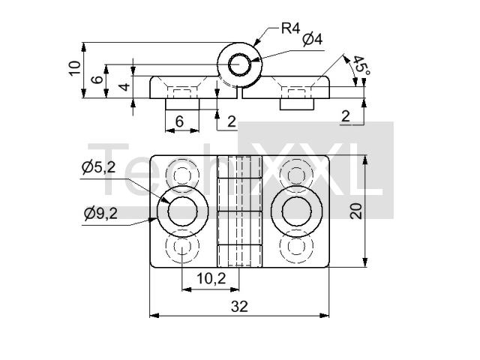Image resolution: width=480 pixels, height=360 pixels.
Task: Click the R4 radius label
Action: tap(290, 28)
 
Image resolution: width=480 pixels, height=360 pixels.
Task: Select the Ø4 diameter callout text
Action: tap(313, 40)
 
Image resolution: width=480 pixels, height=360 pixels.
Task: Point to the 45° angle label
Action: tap(361, 65)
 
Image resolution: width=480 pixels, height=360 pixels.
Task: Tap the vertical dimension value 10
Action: tap(75, 68)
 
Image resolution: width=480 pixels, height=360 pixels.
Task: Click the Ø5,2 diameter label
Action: tap(99, 167)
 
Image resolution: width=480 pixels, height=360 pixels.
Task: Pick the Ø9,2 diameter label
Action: tap(100, 213)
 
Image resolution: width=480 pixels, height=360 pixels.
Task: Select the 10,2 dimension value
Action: tap(211, 278)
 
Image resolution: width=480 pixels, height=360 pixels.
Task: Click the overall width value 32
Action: tap(239, 307)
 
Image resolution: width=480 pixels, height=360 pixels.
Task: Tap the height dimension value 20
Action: tap(356, 211)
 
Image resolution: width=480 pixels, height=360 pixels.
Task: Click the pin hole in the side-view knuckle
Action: tap(240, 65)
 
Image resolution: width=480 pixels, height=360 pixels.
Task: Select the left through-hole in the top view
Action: tap(183, 211)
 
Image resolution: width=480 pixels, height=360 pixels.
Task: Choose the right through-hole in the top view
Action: tap(297, 211)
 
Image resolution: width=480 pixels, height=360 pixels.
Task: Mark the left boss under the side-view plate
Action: tap(182, 104)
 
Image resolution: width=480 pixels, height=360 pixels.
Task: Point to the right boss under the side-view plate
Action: tap(297, 104)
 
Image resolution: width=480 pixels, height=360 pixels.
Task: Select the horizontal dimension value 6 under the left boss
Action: tap(180, 121)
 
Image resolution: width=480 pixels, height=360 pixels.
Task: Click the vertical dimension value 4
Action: tap(125, 87)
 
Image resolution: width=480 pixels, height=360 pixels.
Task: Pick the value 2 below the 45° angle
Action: tap(346, 116)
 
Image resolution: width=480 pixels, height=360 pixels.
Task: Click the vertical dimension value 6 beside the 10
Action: tap(97, 79)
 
